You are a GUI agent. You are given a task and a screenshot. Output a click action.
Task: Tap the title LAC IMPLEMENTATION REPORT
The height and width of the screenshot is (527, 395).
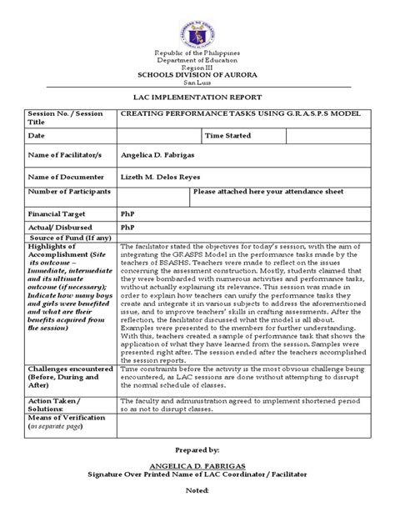pyautogui.click(x=197, y=98)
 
